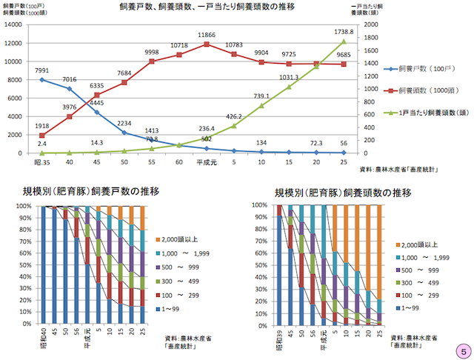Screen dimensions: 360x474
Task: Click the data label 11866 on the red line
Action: click(x=206, y=35)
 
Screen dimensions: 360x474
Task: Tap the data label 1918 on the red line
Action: click(x=42, y=127)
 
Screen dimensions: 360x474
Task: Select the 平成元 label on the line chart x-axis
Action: click(x=206, y=161)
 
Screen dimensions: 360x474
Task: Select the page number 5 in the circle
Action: click(x=462, y=348)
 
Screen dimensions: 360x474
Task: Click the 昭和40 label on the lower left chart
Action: click(x=43, y=339)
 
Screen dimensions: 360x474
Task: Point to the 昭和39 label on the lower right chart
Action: click(x=278, y=339)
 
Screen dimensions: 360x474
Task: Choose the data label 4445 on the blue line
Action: click(x=96, y=102)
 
